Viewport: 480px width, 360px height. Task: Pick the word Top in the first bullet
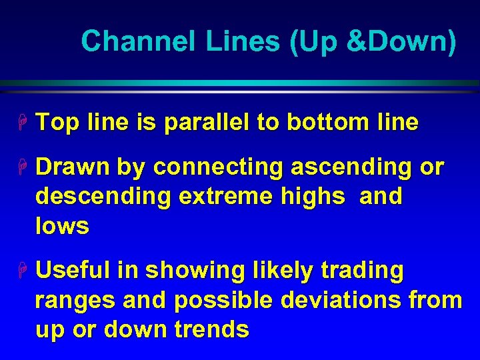click(x=58, y=123)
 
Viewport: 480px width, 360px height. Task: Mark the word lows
click(x=62, y=226)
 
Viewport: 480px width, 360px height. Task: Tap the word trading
click(x=363, y=271)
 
